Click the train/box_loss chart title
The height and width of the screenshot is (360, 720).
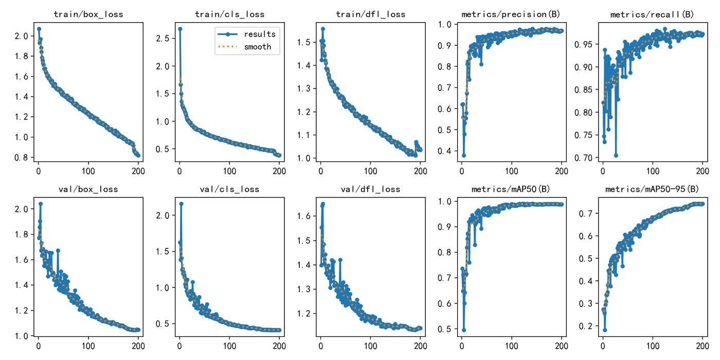[x=88, y=14]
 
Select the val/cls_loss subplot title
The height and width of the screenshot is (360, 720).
[x=229, y=189]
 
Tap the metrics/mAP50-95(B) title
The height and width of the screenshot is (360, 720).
[x=652, y=189]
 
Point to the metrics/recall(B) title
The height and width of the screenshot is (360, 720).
[x=652, y=14]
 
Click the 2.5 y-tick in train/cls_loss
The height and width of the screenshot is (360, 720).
[x=163, y=39]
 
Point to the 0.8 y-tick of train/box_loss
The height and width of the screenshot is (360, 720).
[x=21, y=157]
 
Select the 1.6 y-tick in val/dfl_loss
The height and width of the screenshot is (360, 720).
[x=304, y=216]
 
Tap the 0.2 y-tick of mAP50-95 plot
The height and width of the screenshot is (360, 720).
[x=586, y=326]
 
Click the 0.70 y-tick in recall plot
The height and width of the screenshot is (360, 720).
[x=583, y=158]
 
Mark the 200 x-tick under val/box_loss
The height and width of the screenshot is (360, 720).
[x=138, y=346]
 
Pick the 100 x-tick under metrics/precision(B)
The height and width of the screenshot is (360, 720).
[x=512, y=171]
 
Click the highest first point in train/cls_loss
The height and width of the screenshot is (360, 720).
[x=181, y=29]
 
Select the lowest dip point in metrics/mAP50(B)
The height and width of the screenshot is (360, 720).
[x=464, y=330]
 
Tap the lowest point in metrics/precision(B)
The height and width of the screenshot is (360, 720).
[x=464, y=155]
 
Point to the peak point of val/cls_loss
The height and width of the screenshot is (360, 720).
[x=181, y=204]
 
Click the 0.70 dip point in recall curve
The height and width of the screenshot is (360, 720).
[x=616, y=155]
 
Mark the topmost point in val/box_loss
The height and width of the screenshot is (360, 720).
[x=41, y=204]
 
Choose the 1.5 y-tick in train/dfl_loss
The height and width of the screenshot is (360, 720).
[x=304, y=42]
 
